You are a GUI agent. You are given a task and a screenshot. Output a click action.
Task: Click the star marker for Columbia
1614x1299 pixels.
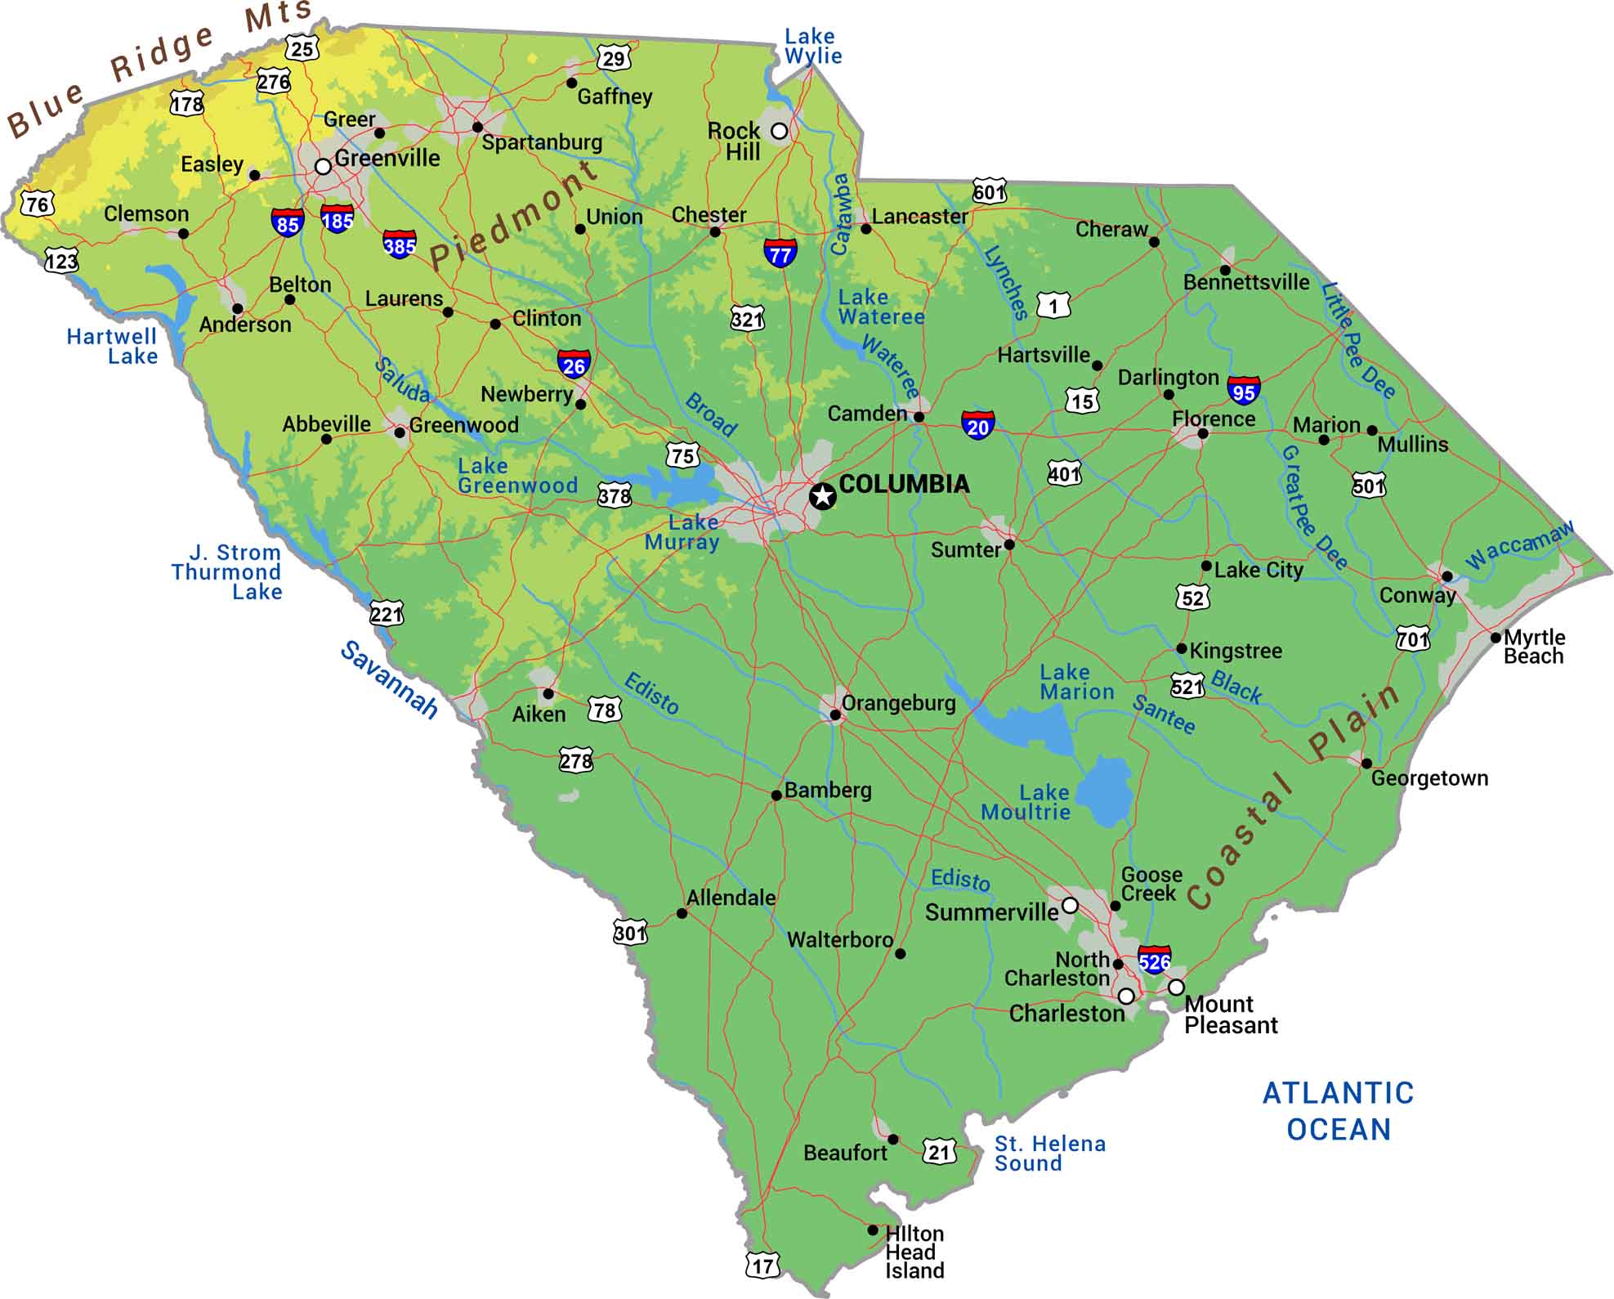coord(823,495)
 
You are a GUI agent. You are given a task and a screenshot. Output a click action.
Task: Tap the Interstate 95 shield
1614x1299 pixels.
coord(1243,391)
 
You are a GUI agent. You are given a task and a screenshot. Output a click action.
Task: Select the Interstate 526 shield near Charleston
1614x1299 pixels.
coord(1154,961)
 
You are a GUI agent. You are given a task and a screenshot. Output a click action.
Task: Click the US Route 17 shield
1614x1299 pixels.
coord(762,1266)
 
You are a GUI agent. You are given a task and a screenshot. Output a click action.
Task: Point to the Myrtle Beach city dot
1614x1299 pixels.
coord(1496,638)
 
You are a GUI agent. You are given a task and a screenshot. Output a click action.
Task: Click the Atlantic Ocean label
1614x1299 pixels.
coord(1338,1111)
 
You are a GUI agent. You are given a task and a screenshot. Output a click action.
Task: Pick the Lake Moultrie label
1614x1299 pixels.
coord(1026,802)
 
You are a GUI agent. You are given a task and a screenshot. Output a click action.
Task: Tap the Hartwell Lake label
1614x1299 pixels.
coord(113,346)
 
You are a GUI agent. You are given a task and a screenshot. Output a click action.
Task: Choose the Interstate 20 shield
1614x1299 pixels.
coord(977,425)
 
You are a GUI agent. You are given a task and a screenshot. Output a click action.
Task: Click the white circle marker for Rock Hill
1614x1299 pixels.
coord(780,131)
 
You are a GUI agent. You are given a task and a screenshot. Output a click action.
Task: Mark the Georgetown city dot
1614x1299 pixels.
coord(1366,764)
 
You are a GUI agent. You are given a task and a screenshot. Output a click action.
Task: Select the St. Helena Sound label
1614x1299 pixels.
coord(1049,1153)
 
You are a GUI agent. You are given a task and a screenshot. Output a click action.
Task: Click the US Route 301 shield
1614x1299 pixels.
coord(630,932)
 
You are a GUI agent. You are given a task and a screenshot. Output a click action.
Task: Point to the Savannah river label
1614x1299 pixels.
coord(389,679)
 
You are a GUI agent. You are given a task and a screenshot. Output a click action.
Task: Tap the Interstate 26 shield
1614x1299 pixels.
coord(574,365)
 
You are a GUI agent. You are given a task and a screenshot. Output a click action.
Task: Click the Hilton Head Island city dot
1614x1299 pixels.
coord(873,1230)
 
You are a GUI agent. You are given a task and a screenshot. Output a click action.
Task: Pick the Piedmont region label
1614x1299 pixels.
coord(513,216)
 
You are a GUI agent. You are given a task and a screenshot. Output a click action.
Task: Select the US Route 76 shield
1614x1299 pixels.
coord(38,204)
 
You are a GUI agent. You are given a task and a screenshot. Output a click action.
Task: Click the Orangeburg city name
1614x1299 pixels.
coord(898,702)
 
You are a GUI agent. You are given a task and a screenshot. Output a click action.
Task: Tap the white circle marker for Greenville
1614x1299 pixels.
coord(323,167)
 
